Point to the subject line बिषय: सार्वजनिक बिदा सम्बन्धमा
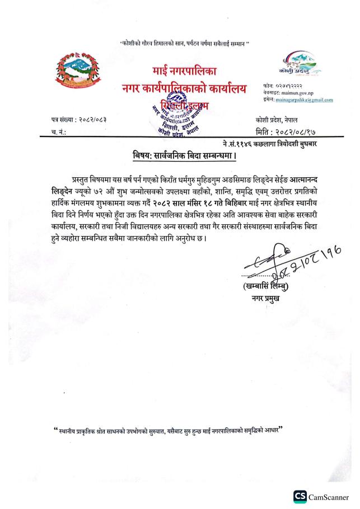(184, 155)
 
